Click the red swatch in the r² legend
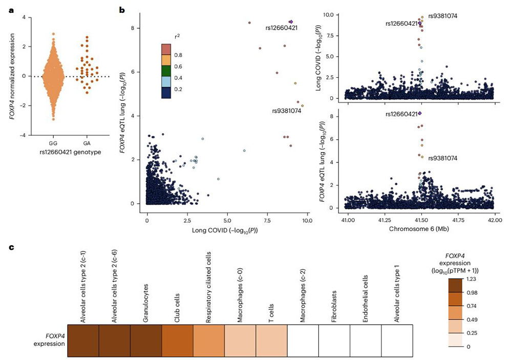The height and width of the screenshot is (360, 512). point(166,49)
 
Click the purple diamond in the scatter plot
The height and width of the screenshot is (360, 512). point(291,22)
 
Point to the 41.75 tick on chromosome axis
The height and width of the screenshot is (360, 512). point(457,220)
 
